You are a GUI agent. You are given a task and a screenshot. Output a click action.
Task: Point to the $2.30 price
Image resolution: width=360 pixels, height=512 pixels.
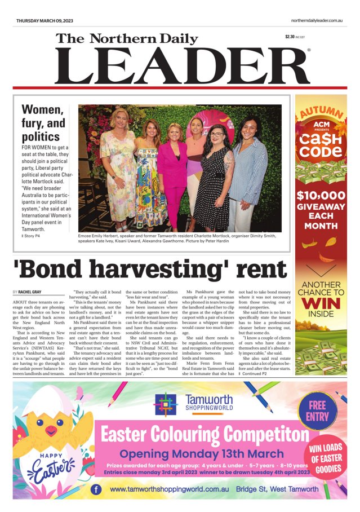pos(290,37)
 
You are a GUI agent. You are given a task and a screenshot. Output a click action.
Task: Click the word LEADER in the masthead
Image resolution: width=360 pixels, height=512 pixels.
pos(182,67)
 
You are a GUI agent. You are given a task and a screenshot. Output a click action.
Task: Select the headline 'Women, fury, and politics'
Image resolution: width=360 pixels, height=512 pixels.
pos(43,123)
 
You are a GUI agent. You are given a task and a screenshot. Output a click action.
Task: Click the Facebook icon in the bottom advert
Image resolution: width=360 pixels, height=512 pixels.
pos(96,489)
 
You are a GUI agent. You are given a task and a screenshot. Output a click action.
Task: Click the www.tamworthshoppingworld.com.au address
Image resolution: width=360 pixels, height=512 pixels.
pos(169,489)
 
